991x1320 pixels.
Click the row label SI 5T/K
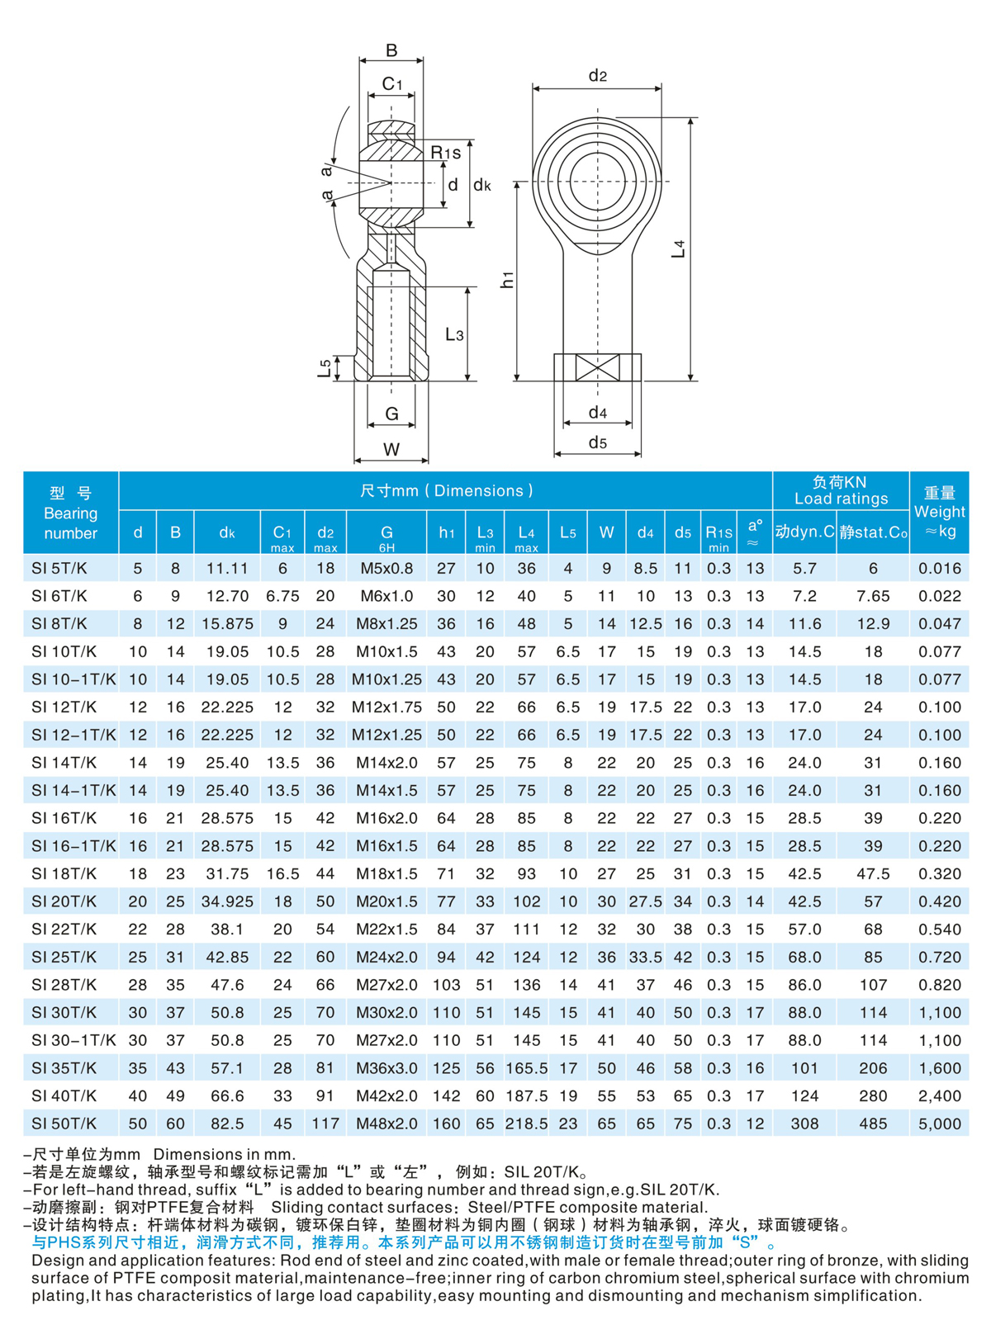pos(59,569)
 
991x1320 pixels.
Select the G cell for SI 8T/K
pos(386,624)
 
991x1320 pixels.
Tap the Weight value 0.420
pos(939,901)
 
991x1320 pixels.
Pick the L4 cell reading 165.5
pos(526,1068)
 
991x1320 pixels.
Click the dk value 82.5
pos(227,1124)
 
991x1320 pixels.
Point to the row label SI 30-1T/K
pos(73,1040)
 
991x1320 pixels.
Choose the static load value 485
pos(873,1124)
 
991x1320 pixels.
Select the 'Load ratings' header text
pos(841,499)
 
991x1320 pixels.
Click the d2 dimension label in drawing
pos(597,76)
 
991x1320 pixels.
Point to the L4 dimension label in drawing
pos(679,248)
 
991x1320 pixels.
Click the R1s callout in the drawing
pos(445,153)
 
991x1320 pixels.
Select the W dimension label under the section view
pos(391,449)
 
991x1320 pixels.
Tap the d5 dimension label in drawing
pos(597,443)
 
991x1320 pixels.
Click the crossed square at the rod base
pos(597,367)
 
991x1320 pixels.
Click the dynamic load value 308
pos(804,1124)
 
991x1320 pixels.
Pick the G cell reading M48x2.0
pos(386,1124)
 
